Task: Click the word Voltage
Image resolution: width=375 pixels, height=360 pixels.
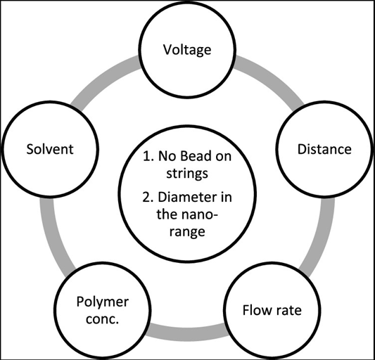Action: click(187, 50)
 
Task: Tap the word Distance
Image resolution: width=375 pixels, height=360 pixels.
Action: click(324, 149)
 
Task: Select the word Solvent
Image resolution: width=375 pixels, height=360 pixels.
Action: click(50, 149)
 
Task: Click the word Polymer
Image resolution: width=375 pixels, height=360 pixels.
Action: click(103, 302)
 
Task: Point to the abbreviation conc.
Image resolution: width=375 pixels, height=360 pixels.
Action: click(102, 319)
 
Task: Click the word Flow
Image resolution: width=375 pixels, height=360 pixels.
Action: click(257, 310)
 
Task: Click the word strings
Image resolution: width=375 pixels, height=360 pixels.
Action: click(187, 174)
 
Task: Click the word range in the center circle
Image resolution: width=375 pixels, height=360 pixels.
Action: click(187, 232)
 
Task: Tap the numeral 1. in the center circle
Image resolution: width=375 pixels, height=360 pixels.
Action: click(148, 156)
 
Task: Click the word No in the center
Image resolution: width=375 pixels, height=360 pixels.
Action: click(167, 156)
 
